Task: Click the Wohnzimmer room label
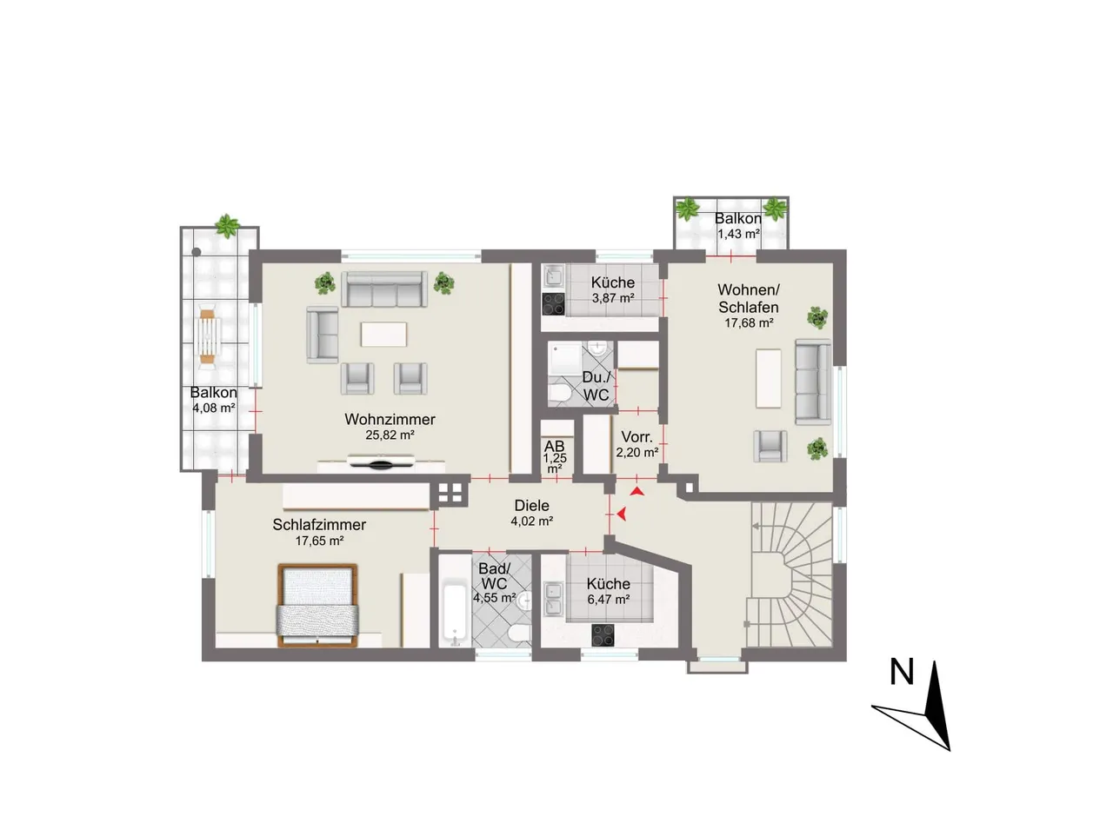pos(390,419)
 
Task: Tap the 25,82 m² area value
pos(390,435)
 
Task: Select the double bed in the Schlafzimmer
pos(317,606)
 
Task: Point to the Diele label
pos(531,505)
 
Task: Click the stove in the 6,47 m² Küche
pos(603,635)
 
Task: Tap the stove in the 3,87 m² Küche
pos(553,304)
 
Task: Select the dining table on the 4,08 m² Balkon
pos(208,335)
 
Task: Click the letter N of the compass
pos(902,672)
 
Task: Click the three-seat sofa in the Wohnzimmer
pos(383,289)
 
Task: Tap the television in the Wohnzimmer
pos(381,461)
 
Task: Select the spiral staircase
pos(791,574)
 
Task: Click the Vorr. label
pos(636,437)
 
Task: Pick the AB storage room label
pos(554,446)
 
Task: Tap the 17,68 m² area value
pos(749,322)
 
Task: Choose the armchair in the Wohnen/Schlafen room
pos(770,446)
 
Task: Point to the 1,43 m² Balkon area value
pos(738,234)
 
